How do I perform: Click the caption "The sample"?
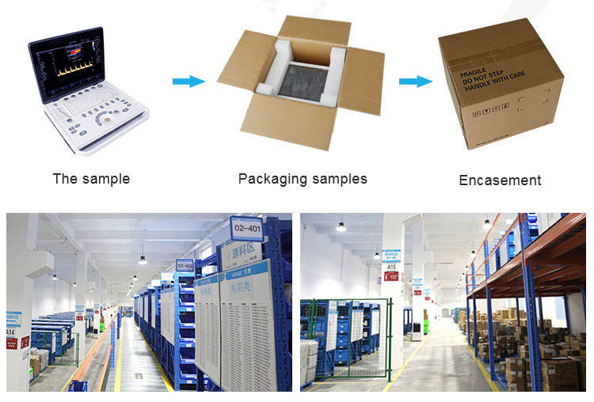tap(91, 179)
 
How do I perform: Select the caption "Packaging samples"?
tap(303, 178)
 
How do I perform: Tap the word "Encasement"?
tap(500, 180)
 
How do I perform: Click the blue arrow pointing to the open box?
tap(188, 81)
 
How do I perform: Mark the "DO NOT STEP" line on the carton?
tap(478, 78)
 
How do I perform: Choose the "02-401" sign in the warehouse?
tap(246, 229)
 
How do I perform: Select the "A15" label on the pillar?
tap(390, 267)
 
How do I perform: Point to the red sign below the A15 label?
tap(390, 276)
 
